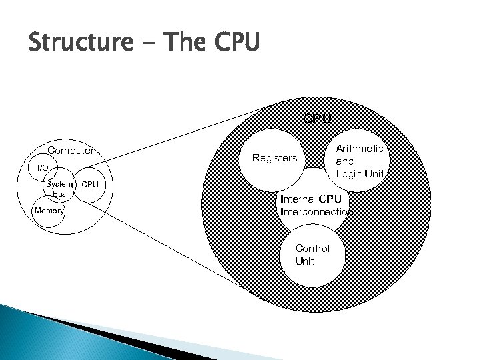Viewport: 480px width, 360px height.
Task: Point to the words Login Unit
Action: (x=360, y=174)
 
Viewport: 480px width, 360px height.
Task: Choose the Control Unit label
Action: (x=312, y=255)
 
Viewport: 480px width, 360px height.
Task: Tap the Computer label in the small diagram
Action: (x=70, y=151)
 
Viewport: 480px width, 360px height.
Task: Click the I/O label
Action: (x=43, y=167)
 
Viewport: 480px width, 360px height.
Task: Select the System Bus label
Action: (x=59, y=188)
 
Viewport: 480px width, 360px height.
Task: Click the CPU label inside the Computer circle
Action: (x=89, y=183)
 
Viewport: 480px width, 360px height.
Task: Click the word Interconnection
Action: (x=317, y=212)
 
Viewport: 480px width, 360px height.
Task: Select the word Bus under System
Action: (x=59, y=193)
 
